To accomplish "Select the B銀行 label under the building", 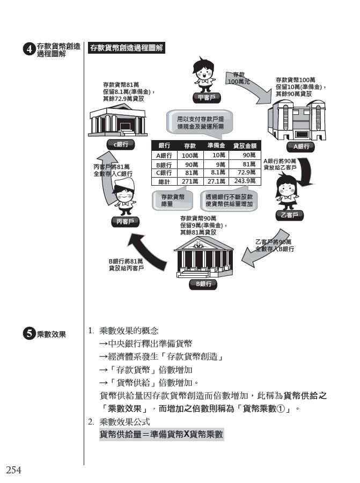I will click(203, 284).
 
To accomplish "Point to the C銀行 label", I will click(121, 144).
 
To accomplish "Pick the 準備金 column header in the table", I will click(216, 146).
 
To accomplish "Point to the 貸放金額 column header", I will click(245, 146).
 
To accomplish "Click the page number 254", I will click(13, 471).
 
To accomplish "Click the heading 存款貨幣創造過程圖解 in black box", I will click(126, 48).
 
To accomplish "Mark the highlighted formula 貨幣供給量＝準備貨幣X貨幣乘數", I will click(161, 434).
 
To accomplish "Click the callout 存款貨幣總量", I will click(173, 201).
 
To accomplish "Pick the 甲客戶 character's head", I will click(204, 70).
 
